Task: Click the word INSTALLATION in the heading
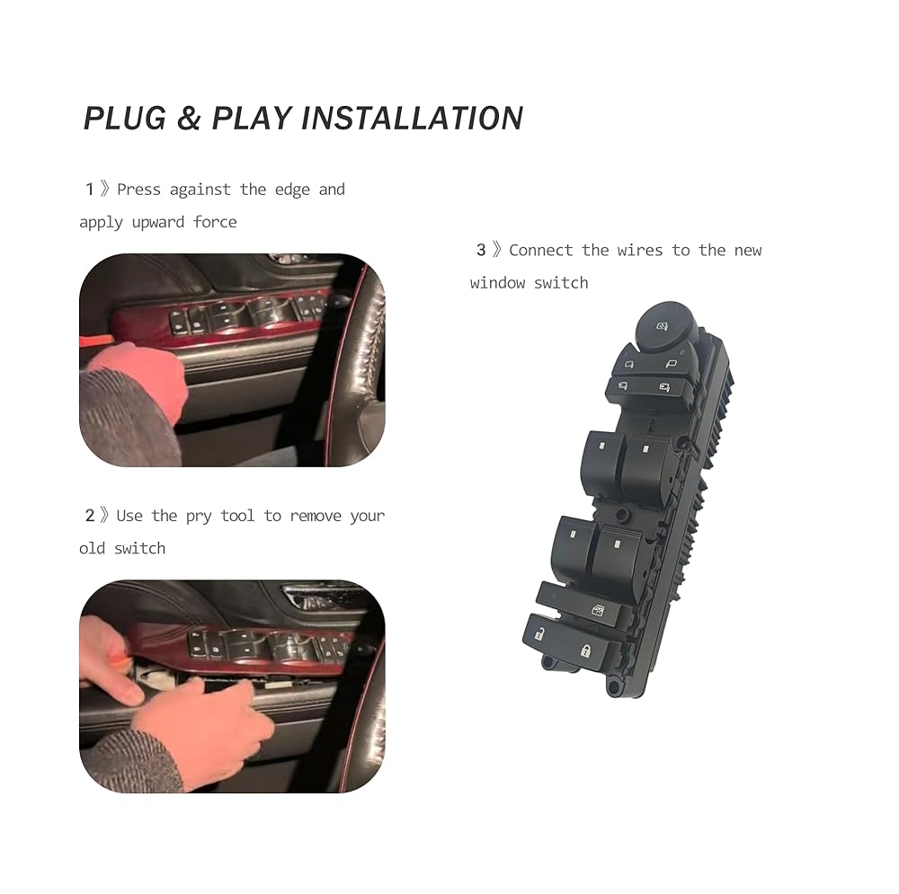coord(412,118)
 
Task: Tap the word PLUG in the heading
coord(125,118)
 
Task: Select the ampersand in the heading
coord(189,118)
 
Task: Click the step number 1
coord(89,189)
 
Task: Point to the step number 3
coord(480,250)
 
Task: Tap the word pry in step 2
coord(199,517)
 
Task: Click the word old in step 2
coord(92,548)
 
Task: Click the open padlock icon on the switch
coord(539,633)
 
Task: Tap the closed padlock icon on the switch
coord(585,651)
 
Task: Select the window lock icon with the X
coord(598,610)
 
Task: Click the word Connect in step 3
coord(540,250)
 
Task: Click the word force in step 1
coord(215,222)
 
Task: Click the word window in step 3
coord(497,282)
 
